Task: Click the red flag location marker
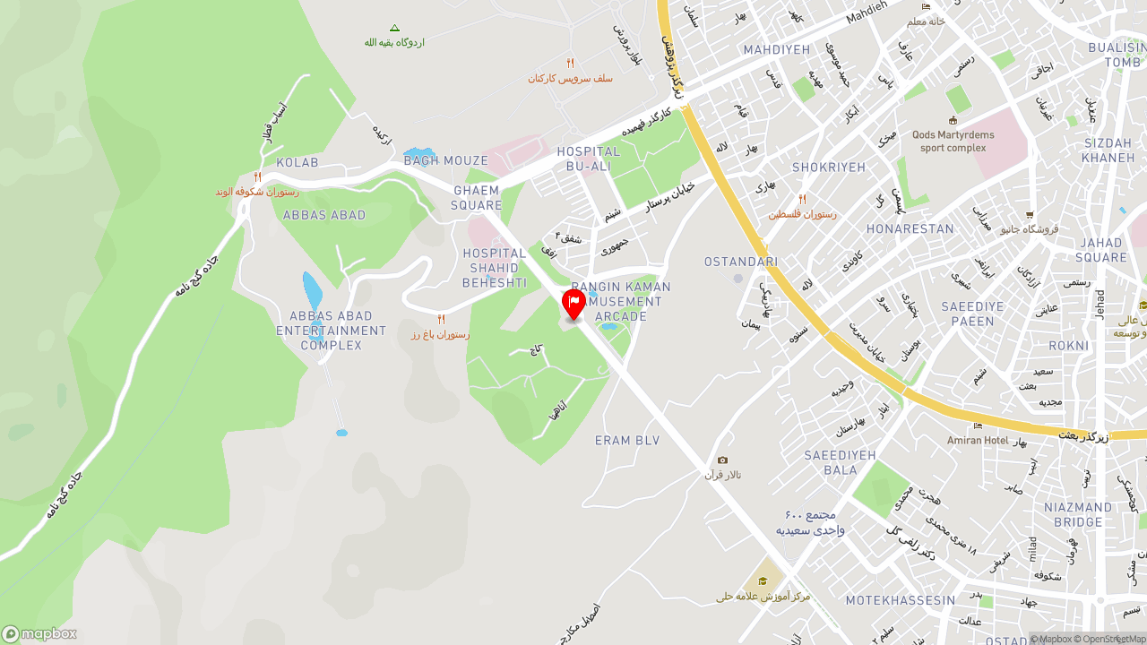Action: coord(573,303)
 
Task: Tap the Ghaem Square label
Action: coord(477,198)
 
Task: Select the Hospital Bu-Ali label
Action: coord(588,159)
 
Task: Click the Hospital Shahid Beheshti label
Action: coord(495,268)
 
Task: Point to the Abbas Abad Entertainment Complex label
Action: coord(331,331)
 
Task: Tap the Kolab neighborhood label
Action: coord(298,162)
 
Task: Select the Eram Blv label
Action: coord(627,441)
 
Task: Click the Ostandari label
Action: coord(741,262)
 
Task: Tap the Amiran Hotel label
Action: coord(978,440)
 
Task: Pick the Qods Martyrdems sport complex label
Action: coord(953,141)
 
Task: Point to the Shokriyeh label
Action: coord(829,168)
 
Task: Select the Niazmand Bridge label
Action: coord(1078,515)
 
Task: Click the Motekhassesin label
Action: coord(901,600)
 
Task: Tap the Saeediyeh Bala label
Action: coord(840,462)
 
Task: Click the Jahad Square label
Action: coord(1101,250)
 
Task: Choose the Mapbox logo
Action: coord(39,633)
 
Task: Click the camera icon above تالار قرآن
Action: coord(722,460)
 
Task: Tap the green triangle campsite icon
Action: coord(394,29)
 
